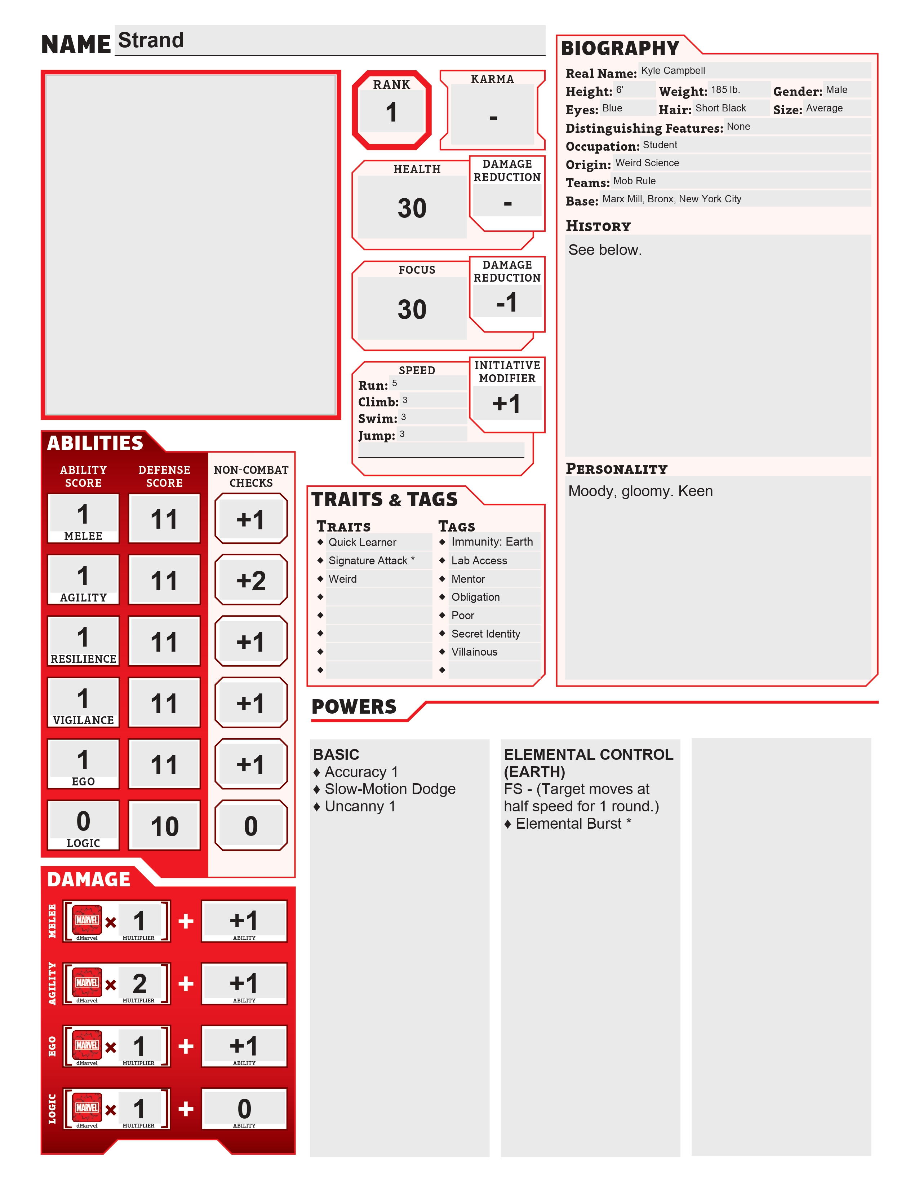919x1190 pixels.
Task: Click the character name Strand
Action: click(151, 40)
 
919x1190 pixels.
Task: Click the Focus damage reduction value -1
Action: click(507, 303)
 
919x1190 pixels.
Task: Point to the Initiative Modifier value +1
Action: click(507, 404)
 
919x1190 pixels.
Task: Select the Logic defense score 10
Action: click(164, 827)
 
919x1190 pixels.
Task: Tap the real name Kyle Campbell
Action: click(673, 71)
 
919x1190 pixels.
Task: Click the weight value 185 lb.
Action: click(725, 90)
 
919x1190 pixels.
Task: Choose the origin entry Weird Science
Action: click(647, 163)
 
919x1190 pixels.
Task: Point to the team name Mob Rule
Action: click(634, 181)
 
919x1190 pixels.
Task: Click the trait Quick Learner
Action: click(362, 542)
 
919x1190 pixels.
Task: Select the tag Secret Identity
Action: click(486, 634)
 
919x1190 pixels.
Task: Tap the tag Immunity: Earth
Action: click(492, 542)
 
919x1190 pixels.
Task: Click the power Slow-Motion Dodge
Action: click(390, 789)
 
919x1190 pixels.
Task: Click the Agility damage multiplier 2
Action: click(139, 983)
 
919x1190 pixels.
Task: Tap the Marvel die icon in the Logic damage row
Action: click(87, 1108)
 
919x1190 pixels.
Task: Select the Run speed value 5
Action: click(395, 383)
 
